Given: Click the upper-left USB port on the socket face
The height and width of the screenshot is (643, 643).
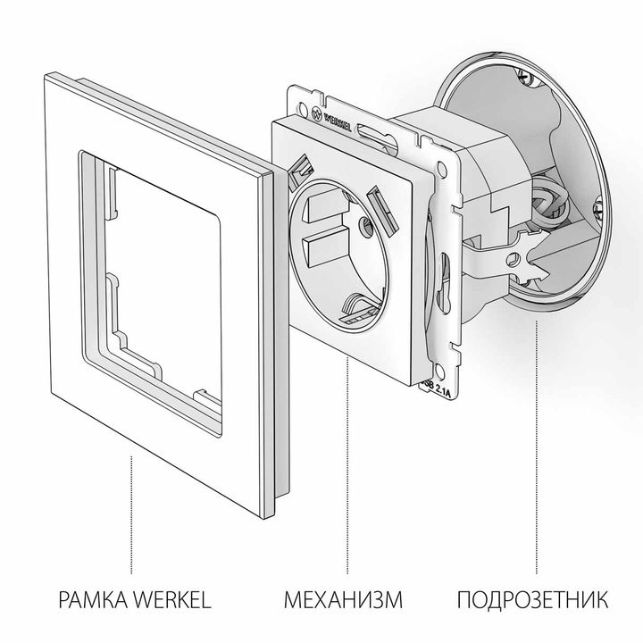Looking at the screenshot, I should [x=300, y=167].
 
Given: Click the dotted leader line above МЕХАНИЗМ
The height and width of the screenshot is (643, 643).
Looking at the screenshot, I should [x=346, y=464].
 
